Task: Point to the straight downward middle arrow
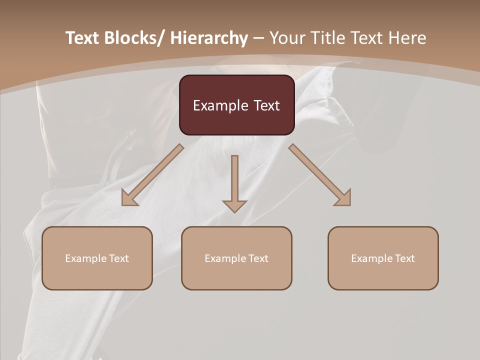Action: click(234, 182)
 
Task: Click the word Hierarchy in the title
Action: click(209, 38)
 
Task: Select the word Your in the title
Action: click(288, 38)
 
